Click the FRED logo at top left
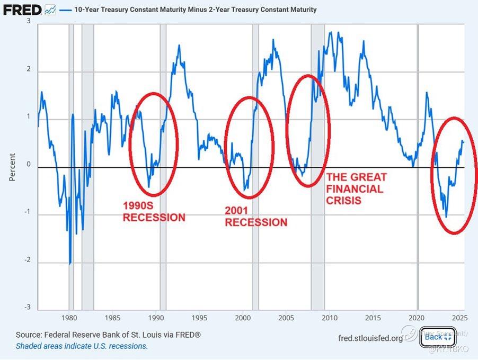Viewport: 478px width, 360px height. (22, 9)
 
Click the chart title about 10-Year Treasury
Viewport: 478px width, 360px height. (196, 10)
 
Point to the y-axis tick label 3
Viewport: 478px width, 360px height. (28, 21)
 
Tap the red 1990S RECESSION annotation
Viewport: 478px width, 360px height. (154, 211)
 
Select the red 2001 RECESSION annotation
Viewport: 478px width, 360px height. (256, 216)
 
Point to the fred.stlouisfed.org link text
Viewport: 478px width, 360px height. (370, 338)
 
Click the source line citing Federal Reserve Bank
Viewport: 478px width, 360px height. (108, 335)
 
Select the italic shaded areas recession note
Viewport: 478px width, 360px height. (82, 346)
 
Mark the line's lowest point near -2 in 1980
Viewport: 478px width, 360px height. (70, 264)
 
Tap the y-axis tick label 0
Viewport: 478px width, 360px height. (28, 165)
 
